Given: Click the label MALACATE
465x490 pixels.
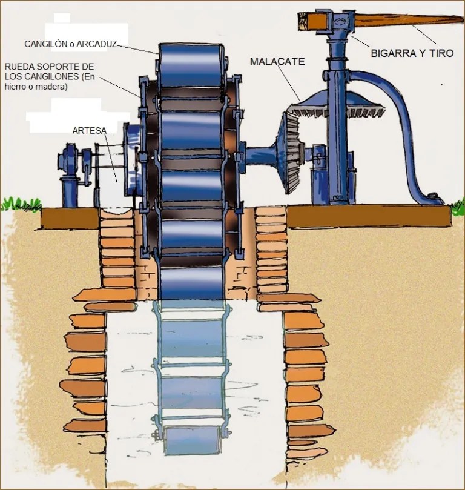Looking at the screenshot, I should coord(277,61).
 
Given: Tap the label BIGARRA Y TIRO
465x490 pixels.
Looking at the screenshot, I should coord(412,53).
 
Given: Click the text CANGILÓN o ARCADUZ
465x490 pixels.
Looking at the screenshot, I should coord(70,44).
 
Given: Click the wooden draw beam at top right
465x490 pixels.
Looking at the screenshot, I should coord(406,21).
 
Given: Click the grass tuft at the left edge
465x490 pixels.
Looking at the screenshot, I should coord(11,204).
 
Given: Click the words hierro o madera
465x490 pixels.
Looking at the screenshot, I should coord(36,87).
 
